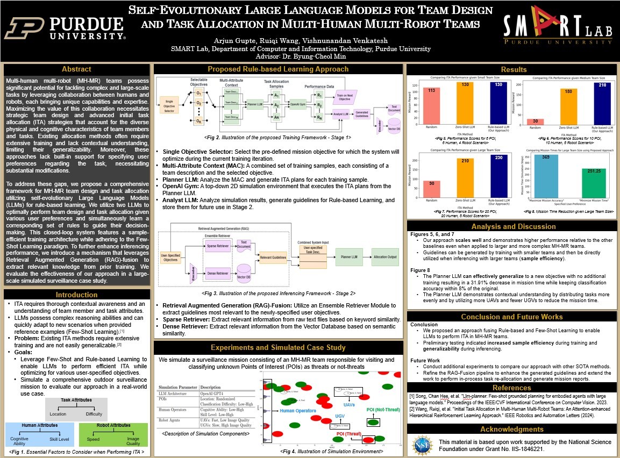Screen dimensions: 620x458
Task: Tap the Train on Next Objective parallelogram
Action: tap(345, 97)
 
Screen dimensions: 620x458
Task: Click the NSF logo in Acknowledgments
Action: tap(422, 445)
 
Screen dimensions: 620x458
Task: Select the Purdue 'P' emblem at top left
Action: tap(25, 28)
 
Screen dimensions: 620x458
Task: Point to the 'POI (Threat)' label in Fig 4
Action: tap(349, 433)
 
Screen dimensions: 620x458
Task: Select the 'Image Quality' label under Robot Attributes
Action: tap(133, 441)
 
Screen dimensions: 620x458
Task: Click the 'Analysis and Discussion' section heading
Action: tap(512, 226)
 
